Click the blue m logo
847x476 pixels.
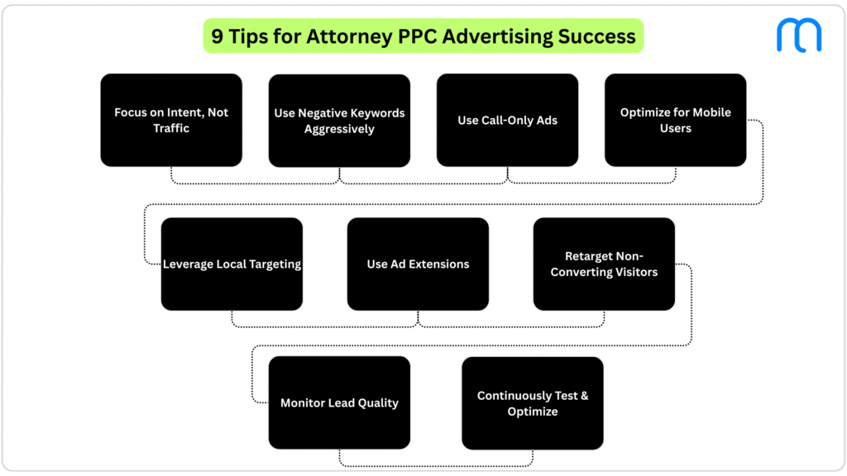798,35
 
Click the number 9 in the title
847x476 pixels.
218,36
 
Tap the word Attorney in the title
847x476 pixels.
346,36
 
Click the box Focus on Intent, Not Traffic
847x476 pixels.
171,120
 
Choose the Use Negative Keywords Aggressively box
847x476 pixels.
339,121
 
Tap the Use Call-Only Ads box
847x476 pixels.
507,120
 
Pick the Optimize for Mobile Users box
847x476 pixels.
675,120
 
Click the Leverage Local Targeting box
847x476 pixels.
232,264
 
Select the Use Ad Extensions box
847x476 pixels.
418,264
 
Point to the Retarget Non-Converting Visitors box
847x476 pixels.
604,264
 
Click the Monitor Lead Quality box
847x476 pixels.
339,402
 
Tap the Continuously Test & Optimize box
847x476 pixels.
532,403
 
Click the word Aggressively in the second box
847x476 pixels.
339,129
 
